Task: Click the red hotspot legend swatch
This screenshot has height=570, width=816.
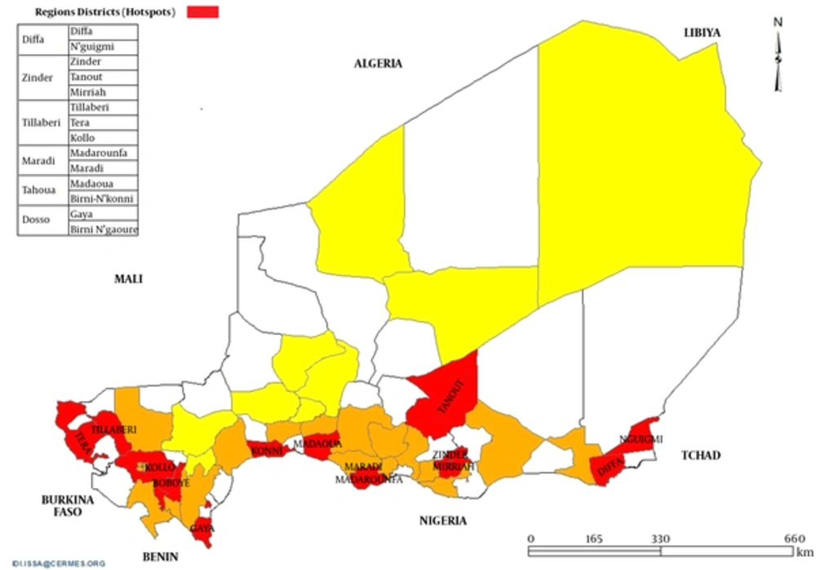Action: point(203,11)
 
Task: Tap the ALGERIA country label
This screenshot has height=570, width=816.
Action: point(378,64)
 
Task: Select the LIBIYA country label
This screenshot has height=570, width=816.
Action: point(703,32)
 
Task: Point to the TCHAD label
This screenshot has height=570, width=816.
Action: point(700,455)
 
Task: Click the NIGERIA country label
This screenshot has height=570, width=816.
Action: point(443,520)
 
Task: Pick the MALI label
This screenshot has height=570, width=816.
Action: point(128,278)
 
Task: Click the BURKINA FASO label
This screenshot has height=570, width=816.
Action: point(69,505)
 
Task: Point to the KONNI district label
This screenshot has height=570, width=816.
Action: point(267,450)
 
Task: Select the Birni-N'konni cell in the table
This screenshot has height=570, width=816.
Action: point(102,198)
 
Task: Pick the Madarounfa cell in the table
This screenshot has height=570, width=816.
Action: point(102,153)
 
